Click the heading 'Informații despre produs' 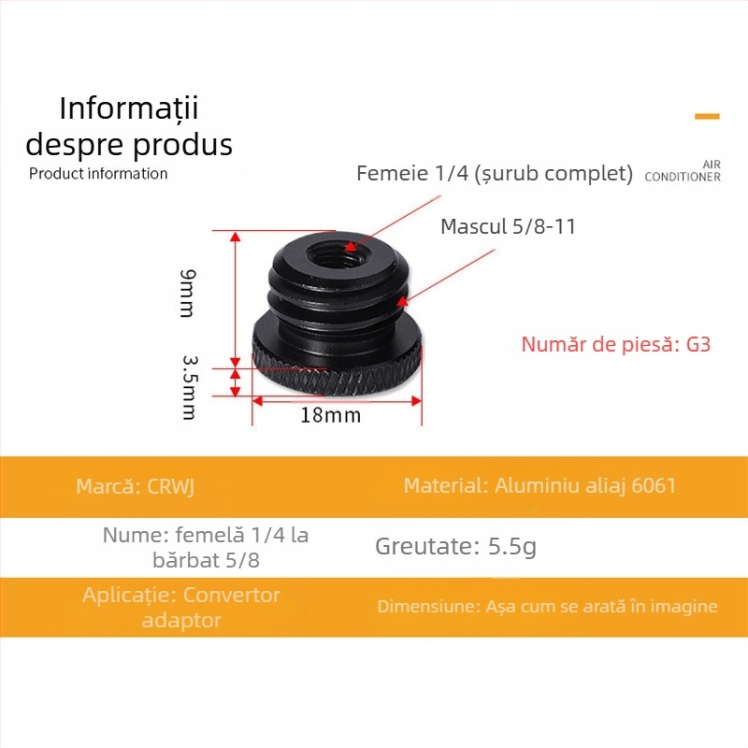(129, 126)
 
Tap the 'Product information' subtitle (98, 173)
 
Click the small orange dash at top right (707, 117)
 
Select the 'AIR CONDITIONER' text (683, 170)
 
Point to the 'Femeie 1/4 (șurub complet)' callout (495, 174)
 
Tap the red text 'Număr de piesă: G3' (616, 344)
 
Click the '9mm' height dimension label (188, 293)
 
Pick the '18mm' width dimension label (330, 415)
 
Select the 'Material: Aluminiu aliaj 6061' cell (539, 486)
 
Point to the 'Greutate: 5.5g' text (455, 546)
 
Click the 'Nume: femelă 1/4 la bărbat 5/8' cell (206, 548)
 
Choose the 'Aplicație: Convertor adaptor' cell (181, 607)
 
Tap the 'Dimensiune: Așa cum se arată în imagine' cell (547, 607)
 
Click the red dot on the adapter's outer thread (401, 301)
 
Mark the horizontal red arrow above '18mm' (338, 400)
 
